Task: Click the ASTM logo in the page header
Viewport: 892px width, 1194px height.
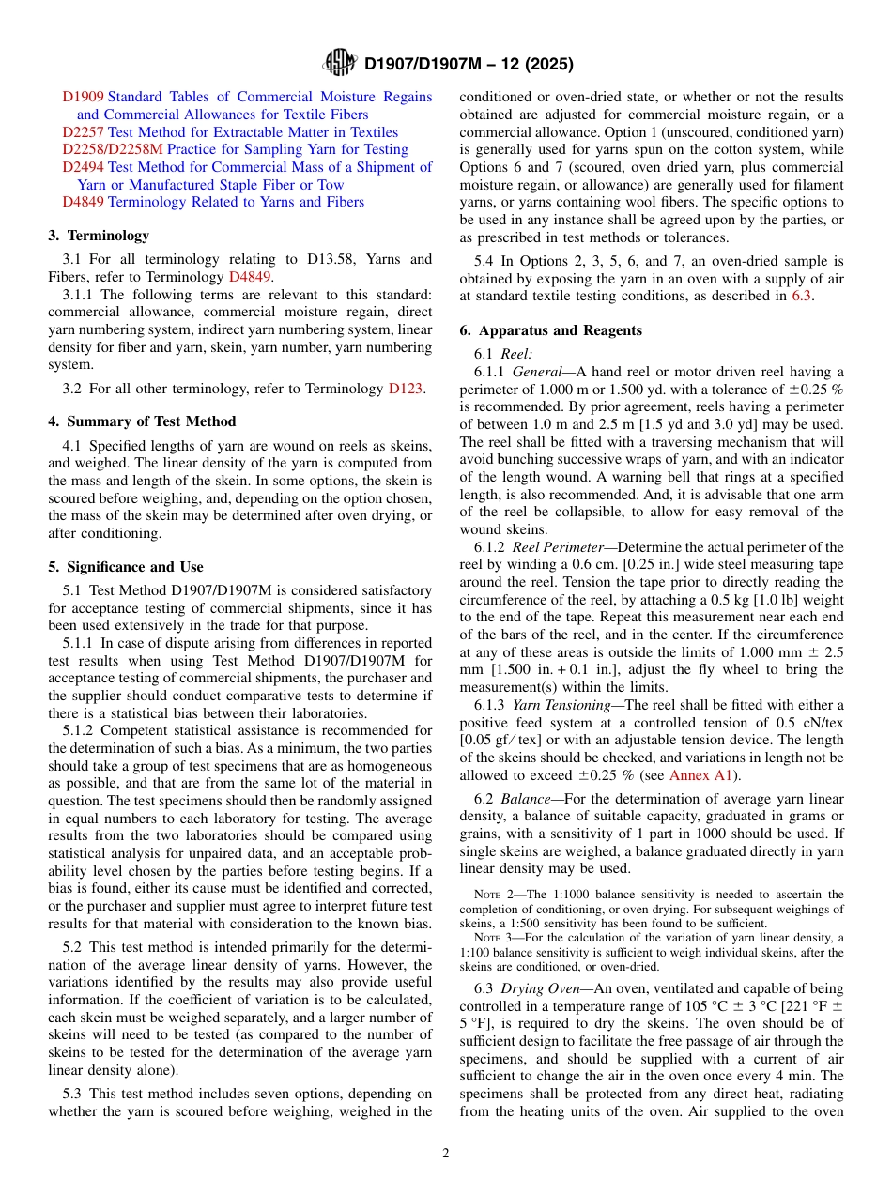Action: click(339, 63)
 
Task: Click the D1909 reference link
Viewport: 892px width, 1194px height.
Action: click(83, 97)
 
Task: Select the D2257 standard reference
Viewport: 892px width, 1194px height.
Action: click(83, 132)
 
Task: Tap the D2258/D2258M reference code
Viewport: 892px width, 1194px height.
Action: click(113, 149)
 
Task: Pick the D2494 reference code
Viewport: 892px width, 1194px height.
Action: click(83, 167)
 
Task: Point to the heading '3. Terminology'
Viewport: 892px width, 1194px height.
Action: click(99, 236)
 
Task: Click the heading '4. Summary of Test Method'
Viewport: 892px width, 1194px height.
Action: click(142, 421)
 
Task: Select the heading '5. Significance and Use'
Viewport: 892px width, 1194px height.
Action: click(126, 567)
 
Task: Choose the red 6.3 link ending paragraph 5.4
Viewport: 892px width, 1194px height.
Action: click(803, 296)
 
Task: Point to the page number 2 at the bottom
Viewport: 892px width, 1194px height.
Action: click(446, 1154)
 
